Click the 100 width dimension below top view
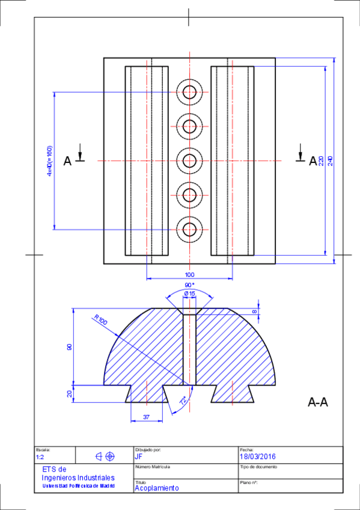point(189,274)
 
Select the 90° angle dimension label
point(189,284)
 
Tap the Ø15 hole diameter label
point(189,293)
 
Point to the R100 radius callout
point(100,321)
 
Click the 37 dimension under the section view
point(146,417)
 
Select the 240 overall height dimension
point(330,161)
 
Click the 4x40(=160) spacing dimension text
point(50,161)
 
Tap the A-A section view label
point(317,402)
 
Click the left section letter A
point(67,161)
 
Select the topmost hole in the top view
point(190,92)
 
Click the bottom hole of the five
point(190,229)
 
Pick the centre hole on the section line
point(190,161)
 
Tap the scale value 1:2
point(40,457)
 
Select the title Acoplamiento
point(156,488)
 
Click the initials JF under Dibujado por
point(139,456)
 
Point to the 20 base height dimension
point(70,394)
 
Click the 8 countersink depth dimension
point(255,312)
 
